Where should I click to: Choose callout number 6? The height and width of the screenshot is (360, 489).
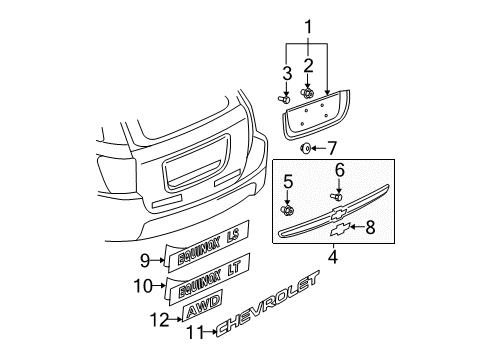click(x=339, y=170)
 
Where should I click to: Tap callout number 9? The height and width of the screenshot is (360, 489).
click(x=144, y=261)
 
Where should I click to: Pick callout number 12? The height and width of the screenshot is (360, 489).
click(x=156, y=319)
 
